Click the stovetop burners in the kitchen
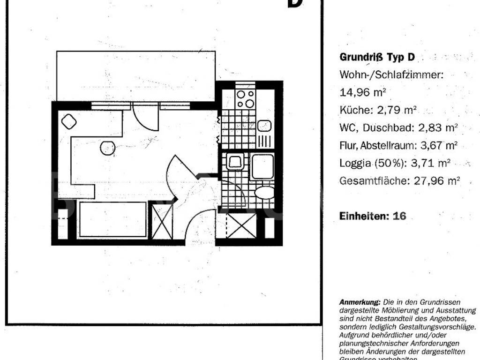(x=245, y=98)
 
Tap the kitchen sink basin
(x=264, y=126)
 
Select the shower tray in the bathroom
(x=262, y=167)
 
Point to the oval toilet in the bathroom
(x=265, y=192)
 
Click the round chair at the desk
(x=107, y=148)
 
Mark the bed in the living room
(x=112, y=219)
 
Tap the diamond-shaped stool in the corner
(x=69, y=121)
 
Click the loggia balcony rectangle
(x=135, y=75)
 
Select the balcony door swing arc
(x=145, y=117)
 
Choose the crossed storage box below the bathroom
(x=241, y=225)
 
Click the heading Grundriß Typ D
(x=377, y=58)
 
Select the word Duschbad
(x=384, y=127)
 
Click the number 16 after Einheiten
(x=399, y=216)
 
